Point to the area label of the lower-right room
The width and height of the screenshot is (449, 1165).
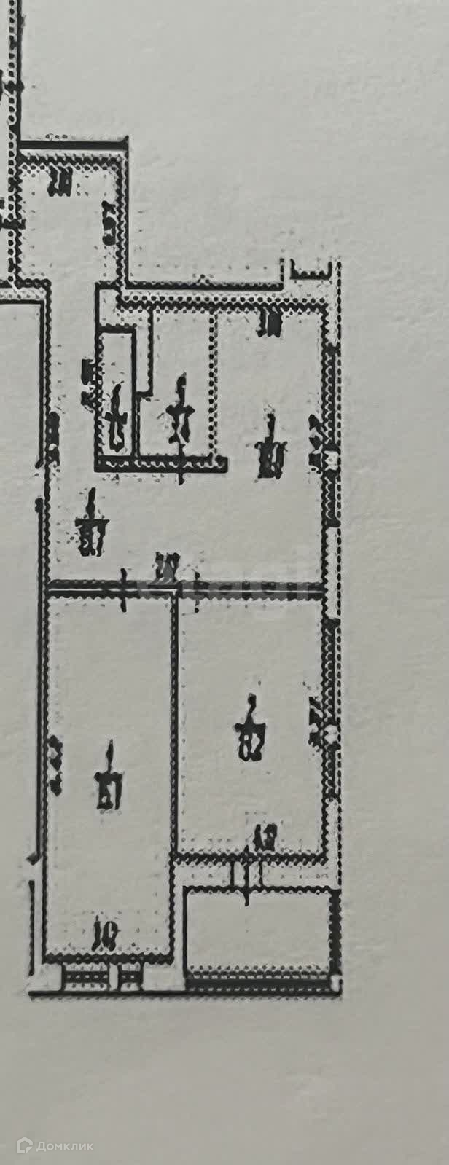(251, 729)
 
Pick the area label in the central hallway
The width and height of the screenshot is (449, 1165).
(92, 524)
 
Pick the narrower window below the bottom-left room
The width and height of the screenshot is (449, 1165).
(130, 976)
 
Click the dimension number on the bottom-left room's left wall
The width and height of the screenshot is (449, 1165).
(55, 766)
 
